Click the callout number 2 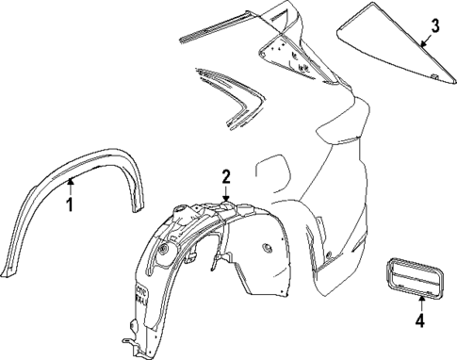[226, 175]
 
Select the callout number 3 [435, 25]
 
